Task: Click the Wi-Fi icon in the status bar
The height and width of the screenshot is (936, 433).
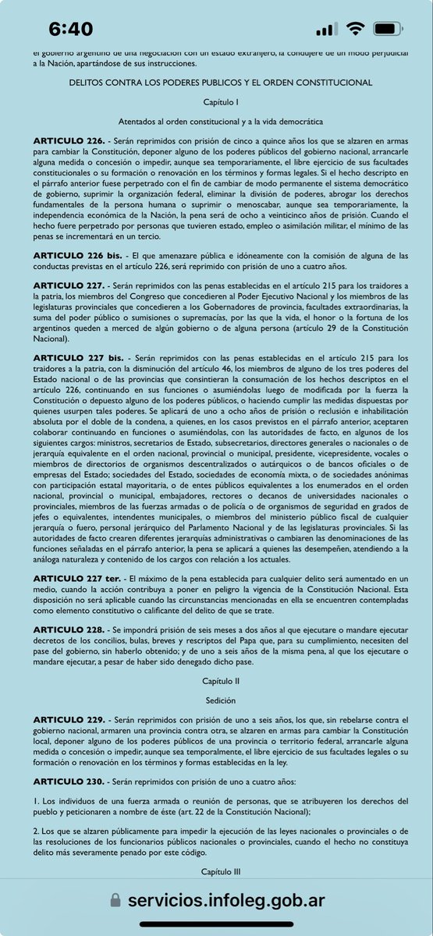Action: [x=357, y=29]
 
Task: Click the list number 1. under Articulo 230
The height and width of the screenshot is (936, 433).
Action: [x=36, y=801]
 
